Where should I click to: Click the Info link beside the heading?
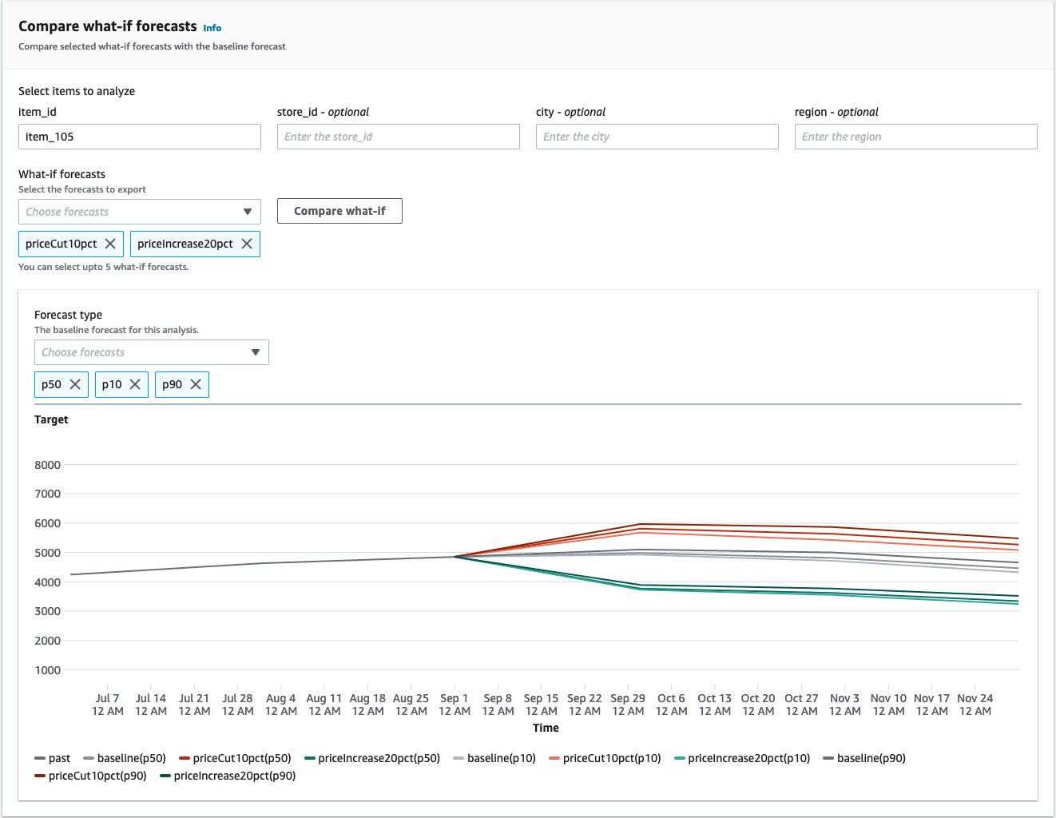pos(212,28)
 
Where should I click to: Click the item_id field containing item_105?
pos(140,137)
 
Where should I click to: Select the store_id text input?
pos(398,137)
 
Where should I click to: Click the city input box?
pos(657,137)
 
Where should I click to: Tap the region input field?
pos(915,137)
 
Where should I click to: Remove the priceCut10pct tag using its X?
pos(111,244)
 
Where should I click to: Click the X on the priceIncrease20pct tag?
pos(247,244)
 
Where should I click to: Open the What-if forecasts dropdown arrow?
pos(248,212)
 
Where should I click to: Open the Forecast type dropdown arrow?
pos(256,352)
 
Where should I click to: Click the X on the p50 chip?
pos(75,384)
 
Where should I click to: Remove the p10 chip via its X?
pos(135,384)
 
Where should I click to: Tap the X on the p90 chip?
pos(196,384)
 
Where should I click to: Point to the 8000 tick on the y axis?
pos(48,465)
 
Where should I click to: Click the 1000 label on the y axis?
pos(48,670)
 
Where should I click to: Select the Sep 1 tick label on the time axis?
pos(455,705)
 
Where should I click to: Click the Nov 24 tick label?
pos(975,705)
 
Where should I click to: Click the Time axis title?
pos(546,728)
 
